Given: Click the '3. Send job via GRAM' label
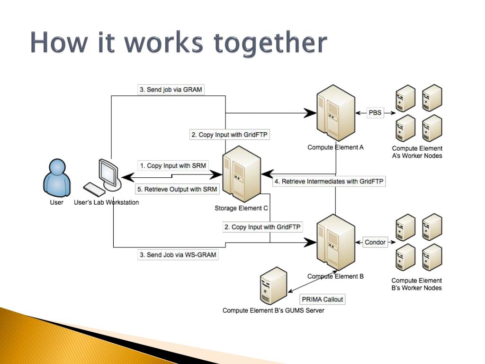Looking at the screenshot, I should point(171,90).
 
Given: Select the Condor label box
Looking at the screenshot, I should point(375,242).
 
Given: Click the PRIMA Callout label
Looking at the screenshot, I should point(323,299).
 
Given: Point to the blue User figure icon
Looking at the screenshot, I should point(56,178).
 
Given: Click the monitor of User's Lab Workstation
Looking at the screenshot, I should point(108,173).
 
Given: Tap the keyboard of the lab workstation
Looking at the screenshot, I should point(94,189).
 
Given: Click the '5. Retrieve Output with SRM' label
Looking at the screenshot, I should point(177,189).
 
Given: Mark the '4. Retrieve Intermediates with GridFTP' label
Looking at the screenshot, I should point(330,181).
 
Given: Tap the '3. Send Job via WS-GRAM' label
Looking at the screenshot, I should point(178,255).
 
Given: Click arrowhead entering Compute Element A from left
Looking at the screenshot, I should point(311,113).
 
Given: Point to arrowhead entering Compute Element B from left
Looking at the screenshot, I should point(311,242).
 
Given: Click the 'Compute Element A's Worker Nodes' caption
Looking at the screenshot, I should point(417,152).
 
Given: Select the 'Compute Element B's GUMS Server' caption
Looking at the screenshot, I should point(273,311).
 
